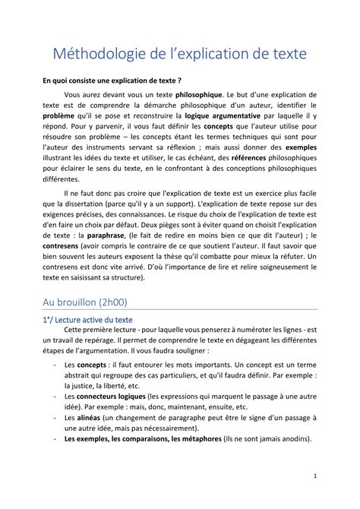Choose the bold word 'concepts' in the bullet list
(x=92, y=366)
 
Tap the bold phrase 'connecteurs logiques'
(x=112, y=397)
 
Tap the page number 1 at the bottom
(x=314, y=477)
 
